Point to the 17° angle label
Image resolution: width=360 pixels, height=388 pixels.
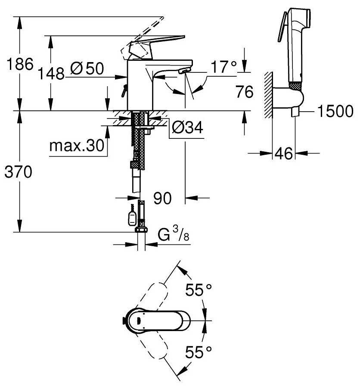tap(223, 67)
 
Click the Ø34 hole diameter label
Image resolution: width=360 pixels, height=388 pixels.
tap(187, 127)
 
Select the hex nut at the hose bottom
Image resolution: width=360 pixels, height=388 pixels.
tap(140, 229)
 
